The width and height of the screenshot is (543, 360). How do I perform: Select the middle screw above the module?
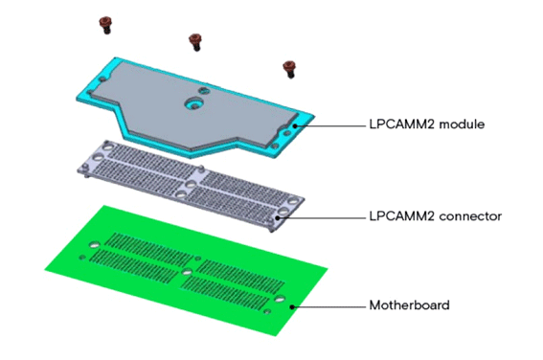[196, 40]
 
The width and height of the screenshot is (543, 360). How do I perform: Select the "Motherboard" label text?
[409, 306]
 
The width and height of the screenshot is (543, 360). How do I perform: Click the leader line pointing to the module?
[330, 124]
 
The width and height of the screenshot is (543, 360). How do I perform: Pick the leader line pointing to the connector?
[321, 216]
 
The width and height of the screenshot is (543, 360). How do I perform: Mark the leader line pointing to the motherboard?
[330, 306]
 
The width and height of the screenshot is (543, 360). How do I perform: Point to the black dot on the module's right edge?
[296, 124]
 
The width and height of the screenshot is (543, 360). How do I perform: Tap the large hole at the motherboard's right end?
[279, 299]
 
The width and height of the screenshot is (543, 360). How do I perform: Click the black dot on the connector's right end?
[278, 216]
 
